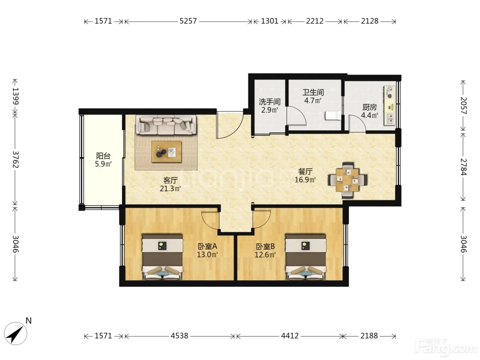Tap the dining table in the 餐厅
coord(347,180)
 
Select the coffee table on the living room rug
coord(166,152)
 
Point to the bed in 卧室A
coord(162,257)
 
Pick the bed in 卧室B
coord(306,257)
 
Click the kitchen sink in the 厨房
coord(390,119)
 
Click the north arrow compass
coord(15,334)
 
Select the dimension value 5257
coord(188,21)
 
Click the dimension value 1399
coord(15,96)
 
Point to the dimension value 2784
coord(464,167)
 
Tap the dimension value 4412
coord(290,336)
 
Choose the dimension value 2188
coord(369,336)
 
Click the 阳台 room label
coord(103,156)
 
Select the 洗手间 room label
coord(269,101)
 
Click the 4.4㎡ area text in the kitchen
coord(370,115)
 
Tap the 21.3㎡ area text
coord(170,188)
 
